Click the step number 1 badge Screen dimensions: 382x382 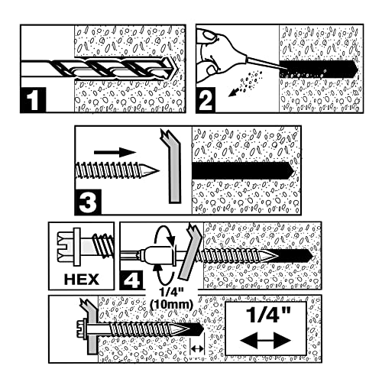[34, 100]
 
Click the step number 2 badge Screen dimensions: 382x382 [206, 100]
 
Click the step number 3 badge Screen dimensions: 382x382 [88, 202]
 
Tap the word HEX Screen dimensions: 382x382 [82, 280]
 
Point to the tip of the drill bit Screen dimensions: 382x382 [176, 69]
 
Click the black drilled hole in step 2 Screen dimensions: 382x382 [319, 69]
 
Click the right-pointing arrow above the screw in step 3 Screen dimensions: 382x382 [115, 153]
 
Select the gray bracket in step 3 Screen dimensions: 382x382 [171, 167]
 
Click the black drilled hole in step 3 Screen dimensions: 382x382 [243, 170]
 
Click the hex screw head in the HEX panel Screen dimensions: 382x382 [69, 247]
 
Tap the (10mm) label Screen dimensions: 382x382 [170, 304]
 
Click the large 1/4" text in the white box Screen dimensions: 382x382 [266, 316]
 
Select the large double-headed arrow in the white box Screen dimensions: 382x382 [265, 341]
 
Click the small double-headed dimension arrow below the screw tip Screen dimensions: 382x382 [197, 348]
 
